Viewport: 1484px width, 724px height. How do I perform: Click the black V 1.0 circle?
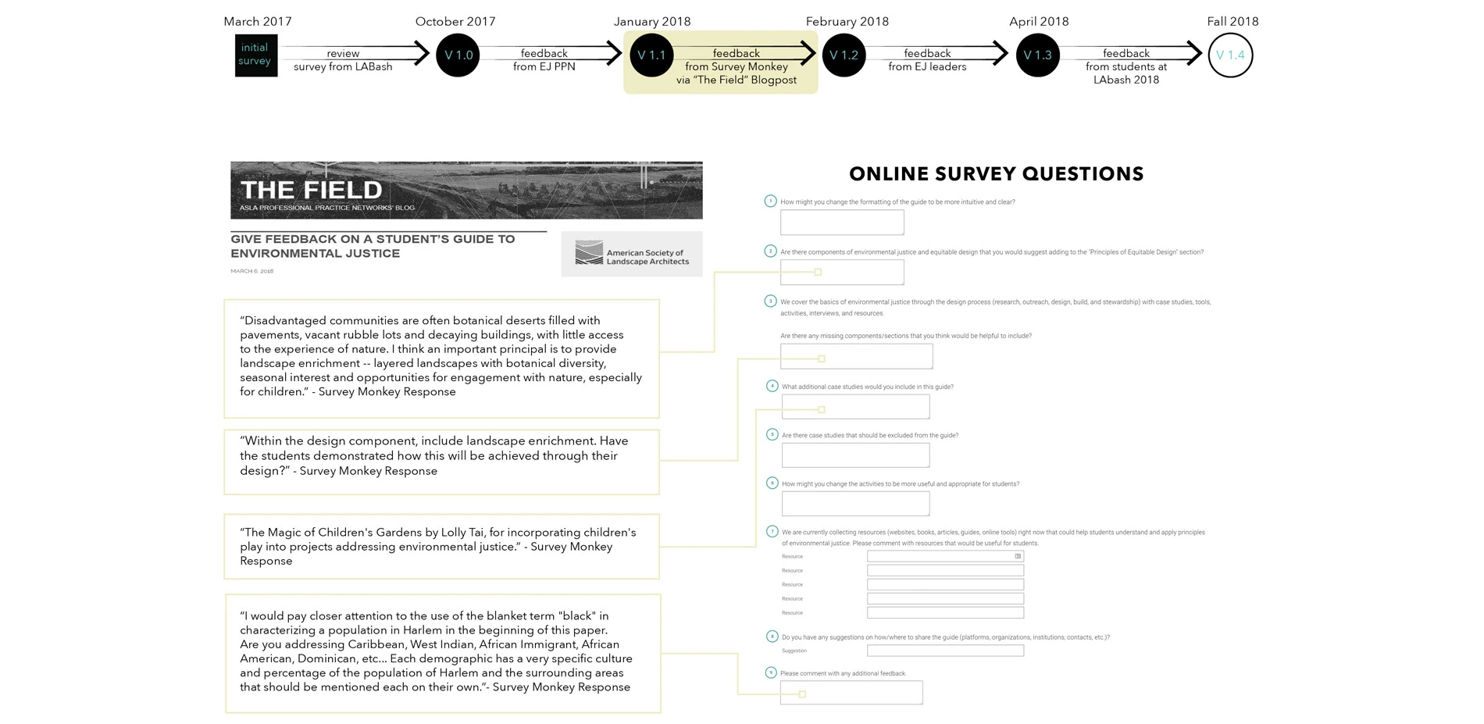(x=458, y=55)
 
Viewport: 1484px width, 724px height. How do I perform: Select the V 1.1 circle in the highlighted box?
(x=651, y=55)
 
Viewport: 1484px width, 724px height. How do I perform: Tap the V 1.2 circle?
(x=844, y=55)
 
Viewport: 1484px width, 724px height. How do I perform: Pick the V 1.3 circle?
(x=1037, y=55)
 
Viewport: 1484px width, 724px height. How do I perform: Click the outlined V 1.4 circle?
(x=1230, y=55)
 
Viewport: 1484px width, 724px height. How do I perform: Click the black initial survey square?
(x=255, y=55)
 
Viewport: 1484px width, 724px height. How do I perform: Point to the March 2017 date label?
(x=258, y=21)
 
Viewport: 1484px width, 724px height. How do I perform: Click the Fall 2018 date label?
(x=1233, y=21)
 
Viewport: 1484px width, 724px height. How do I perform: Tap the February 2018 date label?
(x=847, y=21)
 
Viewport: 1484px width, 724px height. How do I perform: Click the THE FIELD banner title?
(x=311, y=190)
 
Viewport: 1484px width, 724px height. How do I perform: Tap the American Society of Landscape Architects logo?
(x=631, y=254)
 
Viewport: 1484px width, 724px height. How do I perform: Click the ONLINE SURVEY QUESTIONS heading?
(x=996, y=173)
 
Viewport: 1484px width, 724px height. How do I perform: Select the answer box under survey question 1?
(x=842, y=223)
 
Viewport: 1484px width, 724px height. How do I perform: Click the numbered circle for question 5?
(x=772, y=434)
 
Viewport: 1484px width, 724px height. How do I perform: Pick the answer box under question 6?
(x=855, y=504)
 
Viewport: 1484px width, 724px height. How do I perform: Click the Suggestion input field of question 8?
(x=945, y=651)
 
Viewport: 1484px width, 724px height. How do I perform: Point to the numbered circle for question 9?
(x=770, y=672)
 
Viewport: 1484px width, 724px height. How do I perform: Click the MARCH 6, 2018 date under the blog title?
(x=251, y=271)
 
